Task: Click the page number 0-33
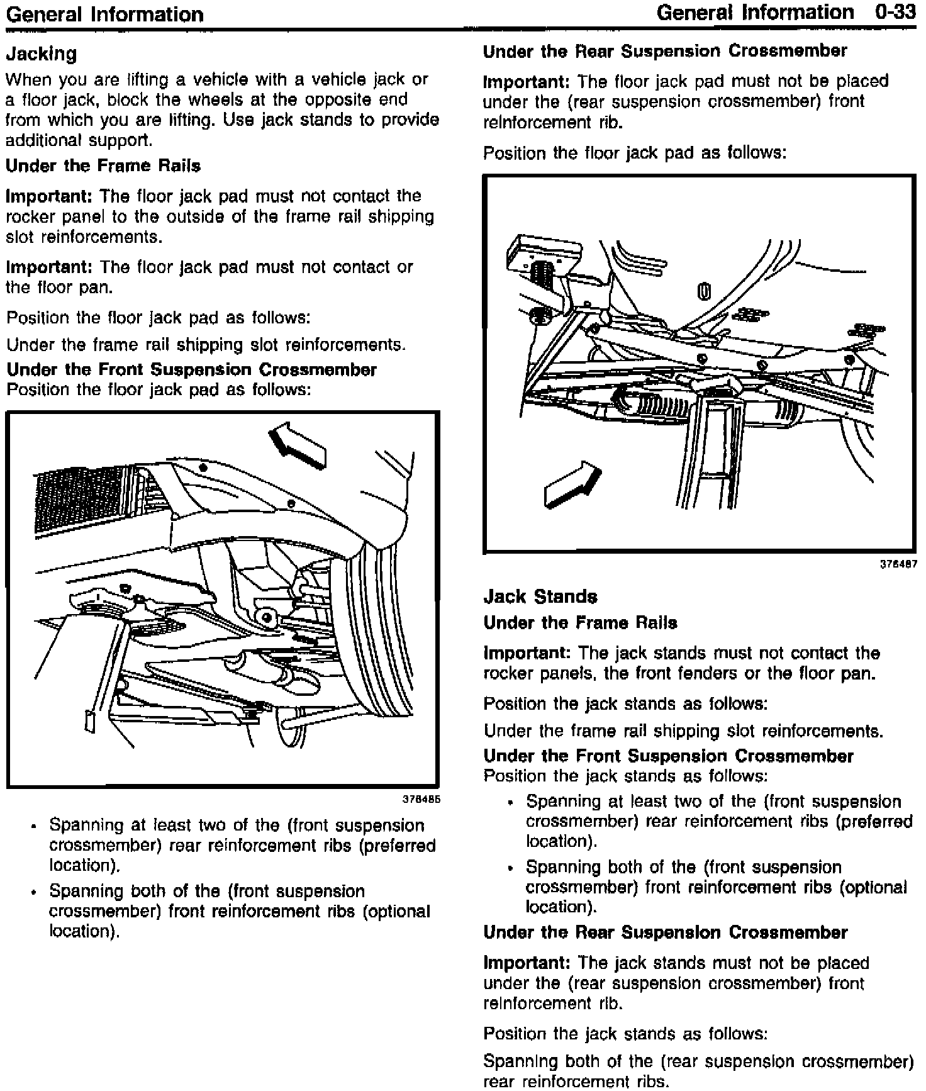(895, 12)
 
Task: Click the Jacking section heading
(42, 53)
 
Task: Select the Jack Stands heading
(540, 596)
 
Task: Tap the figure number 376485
(421, 800)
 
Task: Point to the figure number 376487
(898, 564)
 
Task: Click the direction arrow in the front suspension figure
(298, 445)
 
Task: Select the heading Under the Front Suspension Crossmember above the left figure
(191, 369)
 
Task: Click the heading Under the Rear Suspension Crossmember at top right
(665, 51)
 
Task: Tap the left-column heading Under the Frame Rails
(103, 166)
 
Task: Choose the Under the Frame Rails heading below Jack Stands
(580, 623)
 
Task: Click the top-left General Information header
(104, 14)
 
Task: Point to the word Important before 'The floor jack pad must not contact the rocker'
(49, 196)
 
